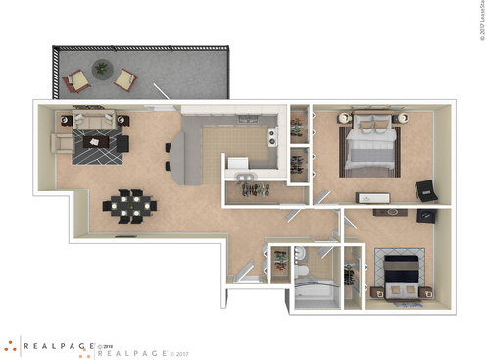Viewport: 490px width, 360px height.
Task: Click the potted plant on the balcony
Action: [100, 69]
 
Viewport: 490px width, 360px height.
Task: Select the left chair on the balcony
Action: [75, 81]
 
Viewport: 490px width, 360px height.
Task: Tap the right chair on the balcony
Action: [126, 78]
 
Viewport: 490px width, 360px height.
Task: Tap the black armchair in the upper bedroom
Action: [425, 190]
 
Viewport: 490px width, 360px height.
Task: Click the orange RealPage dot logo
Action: [12, 346]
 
